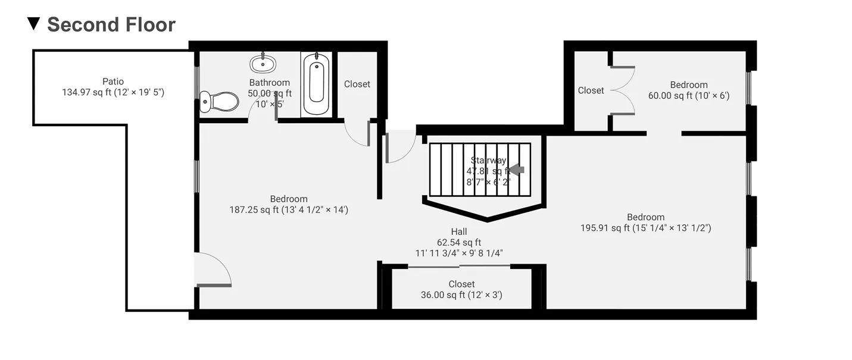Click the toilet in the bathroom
pyautogui.click(x=219, y=102)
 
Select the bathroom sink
pyautogui.click(x=263, y=64)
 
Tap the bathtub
pyautogui.click(x=316, y=83)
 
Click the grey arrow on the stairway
pyautogui.click(x=516, y=170)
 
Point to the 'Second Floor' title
pyautogui.click(x=111, y=24)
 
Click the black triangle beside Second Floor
pyautogui.click(x=34, y=24)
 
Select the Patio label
pyautogui.click(x=113, y=82)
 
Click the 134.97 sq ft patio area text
pyautogui.click(x=113, y=92)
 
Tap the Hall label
pyautogui.click(x=458, y=231)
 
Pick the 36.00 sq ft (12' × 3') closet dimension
pyautogui.click(x=461, y=295)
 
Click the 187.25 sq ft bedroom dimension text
pyautogui.click(x=289, y=209)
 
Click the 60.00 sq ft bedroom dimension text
pyautogui.click(x=689, y=95)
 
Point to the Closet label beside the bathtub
pyautogui.click(x=357, y=84)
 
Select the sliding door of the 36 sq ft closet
pyautogui.click(x=459, y=267)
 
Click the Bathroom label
pyautogui.click(x=270, y=83)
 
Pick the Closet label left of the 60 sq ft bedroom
pyautogui.click(x=591, y=90)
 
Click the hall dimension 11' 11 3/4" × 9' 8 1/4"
pyautogui.click(x=459, y=253)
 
